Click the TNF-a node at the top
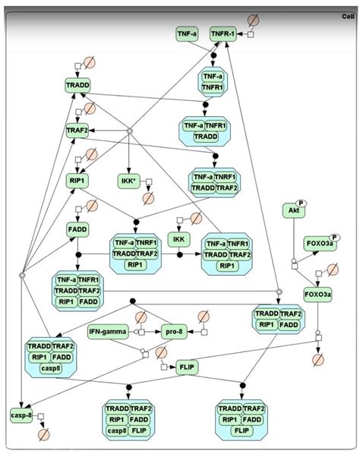pos(188,34)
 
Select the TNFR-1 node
pos(223,34)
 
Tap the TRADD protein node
pos(78,85)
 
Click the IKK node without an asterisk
pos(178,239)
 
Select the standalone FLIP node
pos(187,368)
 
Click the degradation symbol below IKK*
pos(149,198)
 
